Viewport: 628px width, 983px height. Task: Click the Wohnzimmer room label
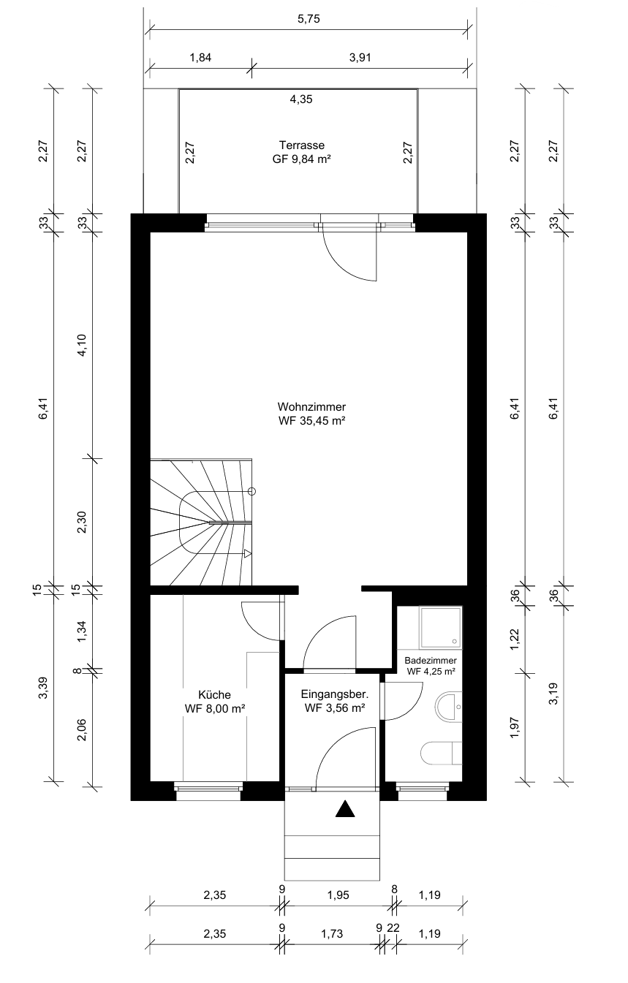tap(311, 406)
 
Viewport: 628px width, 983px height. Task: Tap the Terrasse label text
tap(301, 145)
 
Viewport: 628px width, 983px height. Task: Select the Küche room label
tap(214, 695)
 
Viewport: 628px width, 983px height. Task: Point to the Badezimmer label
tap(430, 661)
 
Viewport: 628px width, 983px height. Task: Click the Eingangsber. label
tap(334, 694)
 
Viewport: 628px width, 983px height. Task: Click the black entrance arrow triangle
tap(345, 808)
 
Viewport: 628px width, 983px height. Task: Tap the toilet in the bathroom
tap(441, 754)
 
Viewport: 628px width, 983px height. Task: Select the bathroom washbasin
tap(448, 707)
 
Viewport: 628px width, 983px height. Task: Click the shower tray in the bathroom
tap(440, 628)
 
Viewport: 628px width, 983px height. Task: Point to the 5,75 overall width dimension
tap(309, 19)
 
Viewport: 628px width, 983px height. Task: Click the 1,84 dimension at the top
tap(200, 58)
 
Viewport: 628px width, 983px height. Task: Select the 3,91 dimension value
tap(360, 58)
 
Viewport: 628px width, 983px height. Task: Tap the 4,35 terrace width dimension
tap(301, 99)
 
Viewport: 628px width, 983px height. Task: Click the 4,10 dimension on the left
tap(82, 345)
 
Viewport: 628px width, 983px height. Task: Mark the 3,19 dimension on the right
tap(553, 694)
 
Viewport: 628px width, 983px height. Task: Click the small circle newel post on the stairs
tap(251, 491)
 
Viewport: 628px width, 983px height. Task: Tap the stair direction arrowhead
tap(248, 554)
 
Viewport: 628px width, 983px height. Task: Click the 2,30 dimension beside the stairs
tap(82, 522)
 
